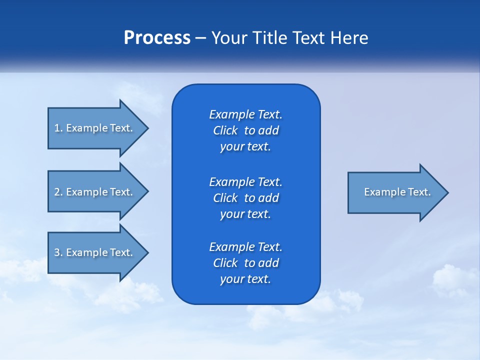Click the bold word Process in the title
157,38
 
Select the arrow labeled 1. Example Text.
95,128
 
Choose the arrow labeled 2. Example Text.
95,192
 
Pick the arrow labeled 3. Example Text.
95,252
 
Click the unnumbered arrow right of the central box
395,192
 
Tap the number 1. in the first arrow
58,128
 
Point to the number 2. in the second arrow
58,192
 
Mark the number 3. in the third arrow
58,252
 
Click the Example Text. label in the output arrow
397,192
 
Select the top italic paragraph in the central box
245,130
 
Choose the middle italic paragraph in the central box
245,198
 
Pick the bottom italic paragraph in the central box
245,263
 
